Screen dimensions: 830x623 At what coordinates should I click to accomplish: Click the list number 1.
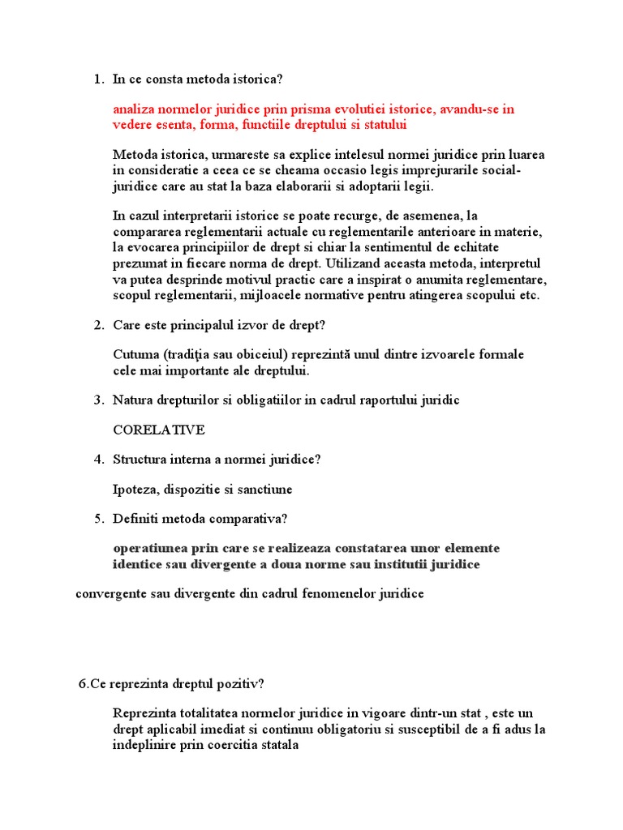[x=97, y=79]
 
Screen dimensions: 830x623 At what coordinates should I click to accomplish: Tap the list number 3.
[x=97, y=400]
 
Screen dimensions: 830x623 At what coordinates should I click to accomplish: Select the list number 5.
[x=97, y=519]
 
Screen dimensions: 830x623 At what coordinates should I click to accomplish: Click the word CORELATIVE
[x=159, y=430]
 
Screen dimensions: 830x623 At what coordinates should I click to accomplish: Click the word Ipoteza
[x=135, y=490]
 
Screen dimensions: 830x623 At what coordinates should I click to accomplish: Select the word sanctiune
[x=264, y=490]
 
